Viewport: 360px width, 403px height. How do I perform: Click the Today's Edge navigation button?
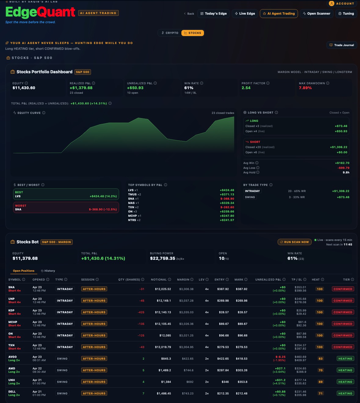click(x=214, y=13)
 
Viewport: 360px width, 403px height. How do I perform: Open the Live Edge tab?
click(x=245, y=13)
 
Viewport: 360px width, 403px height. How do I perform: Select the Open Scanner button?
click(x=317, y=13)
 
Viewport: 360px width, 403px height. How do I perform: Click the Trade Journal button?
click(x=342, y=45)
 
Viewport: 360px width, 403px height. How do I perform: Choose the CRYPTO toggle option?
click(x=170, y=33)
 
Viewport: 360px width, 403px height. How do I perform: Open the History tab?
click(x=48, y=271)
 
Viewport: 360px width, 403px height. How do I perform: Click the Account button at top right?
click(x=343, y=4)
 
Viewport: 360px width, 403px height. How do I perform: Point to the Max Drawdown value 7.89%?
click(x=305, y=88)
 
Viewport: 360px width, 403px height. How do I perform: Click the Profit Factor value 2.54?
click(x=246, y=88)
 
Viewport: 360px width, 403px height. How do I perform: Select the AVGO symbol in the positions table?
click(x=13, y=357)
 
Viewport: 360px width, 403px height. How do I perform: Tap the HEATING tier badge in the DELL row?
click(x=345, y=394)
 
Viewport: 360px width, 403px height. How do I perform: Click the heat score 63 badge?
click(x=321, y=359)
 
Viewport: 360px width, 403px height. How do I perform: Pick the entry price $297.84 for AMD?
click(x=223, y=370)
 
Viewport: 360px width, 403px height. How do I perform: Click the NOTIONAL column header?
click(x=159, y=280)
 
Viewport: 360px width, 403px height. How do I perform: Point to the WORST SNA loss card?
click(x=66, y=208)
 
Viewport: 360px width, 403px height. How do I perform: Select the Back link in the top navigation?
click(x=189, y=14)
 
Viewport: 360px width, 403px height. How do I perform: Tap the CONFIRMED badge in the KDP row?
click(x=343, y=312)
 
